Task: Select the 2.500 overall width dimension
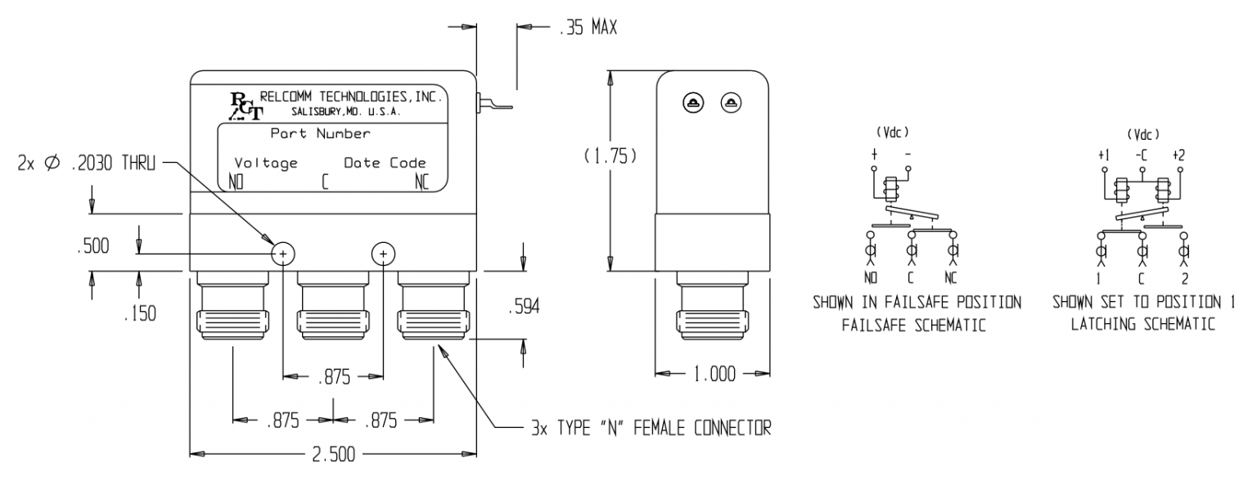(x=334, y=456)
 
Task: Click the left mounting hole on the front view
(x=283, y=254)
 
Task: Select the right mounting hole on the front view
(x=384, y=254)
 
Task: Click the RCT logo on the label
(x=243, y=106)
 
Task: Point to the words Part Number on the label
(x=320, y=133)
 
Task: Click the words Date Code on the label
(x=385, y=163)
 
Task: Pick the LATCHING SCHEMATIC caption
(x=1153, y=326)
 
